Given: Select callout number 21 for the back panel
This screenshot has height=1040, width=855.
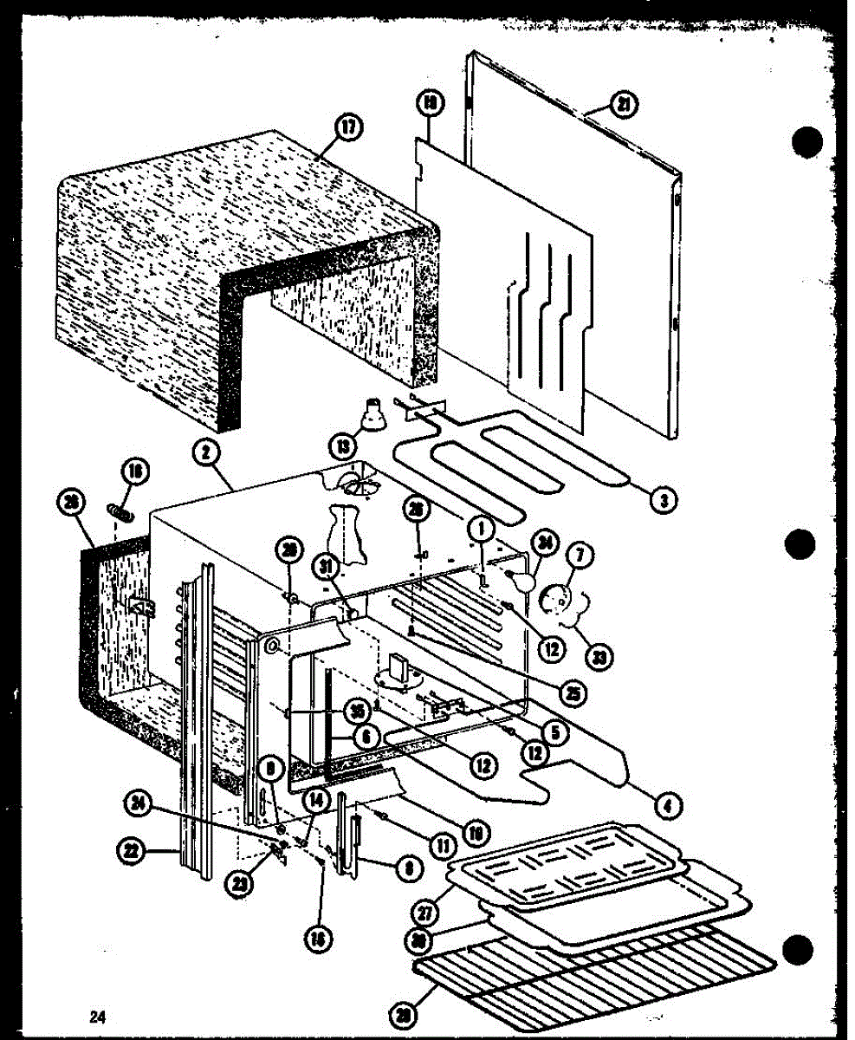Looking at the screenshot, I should [x=623, y=107].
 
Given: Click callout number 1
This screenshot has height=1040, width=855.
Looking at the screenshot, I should [x=477, y=527].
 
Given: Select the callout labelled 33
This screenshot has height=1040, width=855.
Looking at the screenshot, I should [x=597, y=656].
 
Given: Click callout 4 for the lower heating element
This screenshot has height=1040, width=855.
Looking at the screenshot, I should [x=668, y=806].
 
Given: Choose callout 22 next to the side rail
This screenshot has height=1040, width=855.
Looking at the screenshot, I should [x=130, y=853].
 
